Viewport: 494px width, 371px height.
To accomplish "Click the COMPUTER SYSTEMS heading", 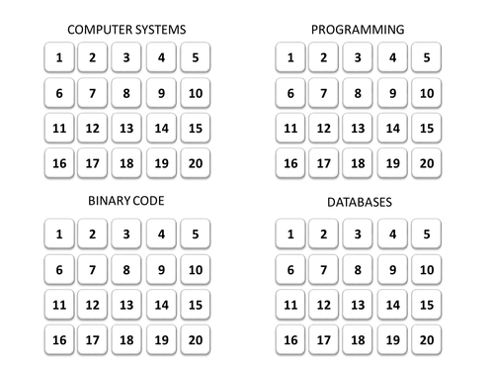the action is tap(126, 29).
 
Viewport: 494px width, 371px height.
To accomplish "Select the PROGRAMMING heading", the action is tap(357, 29).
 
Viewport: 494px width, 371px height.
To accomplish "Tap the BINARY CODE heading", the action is tap(126, 201).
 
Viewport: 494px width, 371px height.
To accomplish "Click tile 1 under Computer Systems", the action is tap(59, 57).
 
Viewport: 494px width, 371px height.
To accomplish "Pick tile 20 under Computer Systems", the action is tap(196, 163).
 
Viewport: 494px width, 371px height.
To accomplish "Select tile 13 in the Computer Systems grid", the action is tap(126, 128).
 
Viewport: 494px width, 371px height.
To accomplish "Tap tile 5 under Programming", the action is tap(426, 57).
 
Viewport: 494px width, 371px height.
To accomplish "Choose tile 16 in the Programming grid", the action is tap(289, 163).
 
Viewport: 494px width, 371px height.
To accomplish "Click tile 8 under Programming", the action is tap(358, 93).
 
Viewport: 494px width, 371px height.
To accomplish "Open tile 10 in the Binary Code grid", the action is tap(196, 269).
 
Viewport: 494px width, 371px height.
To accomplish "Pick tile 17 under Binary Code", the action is tap(93, 340).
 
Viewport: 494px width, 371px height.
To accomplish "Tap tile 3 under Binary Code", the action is tap(126, 234).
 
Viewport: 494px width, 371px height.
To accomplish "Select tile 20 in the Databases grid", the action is tap(426, 340).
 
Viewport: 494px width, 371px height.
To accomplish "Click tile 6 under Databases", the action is tap(289, 269).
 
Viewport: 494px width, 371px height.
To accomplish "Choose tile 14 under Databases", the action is tap(392, 305).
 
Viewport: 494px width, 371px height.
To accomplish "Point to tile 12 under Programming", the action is tap(323, 128).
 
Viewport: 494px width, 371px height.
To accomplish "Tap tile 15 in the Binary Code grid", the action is tap(196, 305).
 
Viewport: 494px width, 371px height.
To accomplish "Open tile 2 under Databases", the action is tap(323, 234).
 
